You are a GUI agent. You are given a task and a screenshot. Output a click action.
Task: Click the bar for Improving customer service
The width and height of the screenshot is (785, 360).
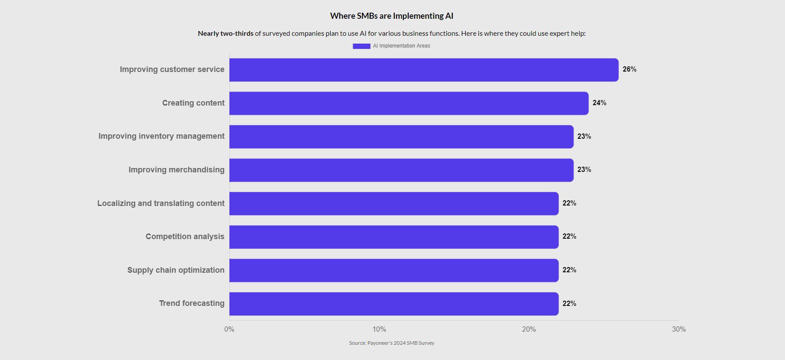pyautogui.click(x=423, y=70)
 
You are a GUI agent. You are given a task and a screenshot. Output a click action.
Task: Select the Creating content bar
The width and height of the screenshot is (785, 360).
pyautogui.click(x=409, y=103)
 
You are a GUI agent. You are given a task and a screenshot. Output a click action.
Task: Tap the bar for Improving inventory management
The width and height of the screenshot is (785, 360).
pyautogui.click(x=401, y=137)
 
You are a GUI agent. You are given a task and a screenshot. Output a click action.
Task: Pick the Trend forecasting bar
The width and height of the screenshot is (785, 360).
pyautogui.click(x=394, y=304)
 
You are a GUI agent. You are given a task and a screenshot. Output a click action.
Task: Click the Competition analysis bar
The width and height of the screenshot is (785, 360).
pyautogui.click(x=394, y=237)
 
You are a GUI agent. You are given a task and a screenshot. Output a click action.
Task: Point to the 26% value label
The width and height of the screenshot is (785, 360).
pyautogui.click(x=629, y=69)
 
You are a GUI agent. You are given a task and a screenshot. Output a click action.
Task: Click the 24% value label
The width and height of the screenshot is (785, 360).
pyautogui.click(x=599, y=103)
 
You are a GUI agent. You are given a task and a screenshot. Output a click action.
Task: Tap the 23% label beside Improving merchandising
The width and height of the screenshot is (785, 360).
pyautogui.click(x=584, y=170)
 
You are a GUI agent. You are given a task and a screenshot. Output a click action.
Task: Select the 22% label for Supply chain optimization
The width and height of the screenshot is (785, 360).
pyautogui.click(x=569, y=270)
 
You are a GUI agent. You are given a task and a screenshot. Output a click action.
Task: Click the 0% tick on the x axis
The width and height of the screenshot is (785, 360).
pyautogui.click(x=229, y=329)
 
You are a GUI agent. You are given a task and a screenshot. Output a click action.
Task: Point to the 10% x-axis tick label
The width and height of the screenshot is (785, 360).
pyautogui.click(x=379, y=329)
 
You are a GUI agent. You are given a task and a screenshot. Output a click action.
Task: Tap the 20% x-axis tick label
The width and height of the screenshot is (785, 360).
pyautogui.click(x=529, y=329)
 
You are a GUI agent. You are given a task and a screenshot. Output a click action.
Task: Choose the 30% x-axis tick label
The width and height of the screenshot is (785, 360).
pyautogui.click(x=679, y=329)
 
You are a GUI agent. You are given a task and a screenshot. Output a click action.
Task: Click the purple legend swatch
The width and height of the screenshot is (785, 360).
pyautogui.click(x=362, y=46)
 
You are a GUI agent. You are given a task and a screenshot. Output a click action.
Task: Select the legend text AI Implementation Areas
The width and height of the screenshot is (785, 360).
pyautogui.click(x=401, y=46)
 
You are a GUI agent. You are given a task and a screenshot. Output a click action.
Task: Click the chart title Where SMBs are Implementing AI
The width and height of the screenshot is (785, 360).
pyautogui.click(x=392, y=16)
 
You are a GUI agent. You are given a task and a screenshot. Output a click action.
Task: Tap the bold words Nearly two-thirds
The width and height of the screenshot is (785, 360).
pyautogui.click(x=225, y=34)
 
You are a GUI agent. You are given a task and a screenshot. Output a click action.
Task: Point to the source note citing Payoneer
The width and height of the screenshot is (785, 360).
pyautogui.click(x=392, y=343)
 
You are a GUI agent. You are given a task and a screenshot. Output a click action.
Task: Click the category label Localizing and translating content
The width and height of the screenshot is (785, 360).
pyautogui.click(x=161, y=203)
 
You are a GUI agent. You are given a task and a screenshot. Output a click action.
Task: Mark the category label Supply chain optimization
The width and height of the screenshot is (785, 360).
pyautogui.click(x=176, y=270)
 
